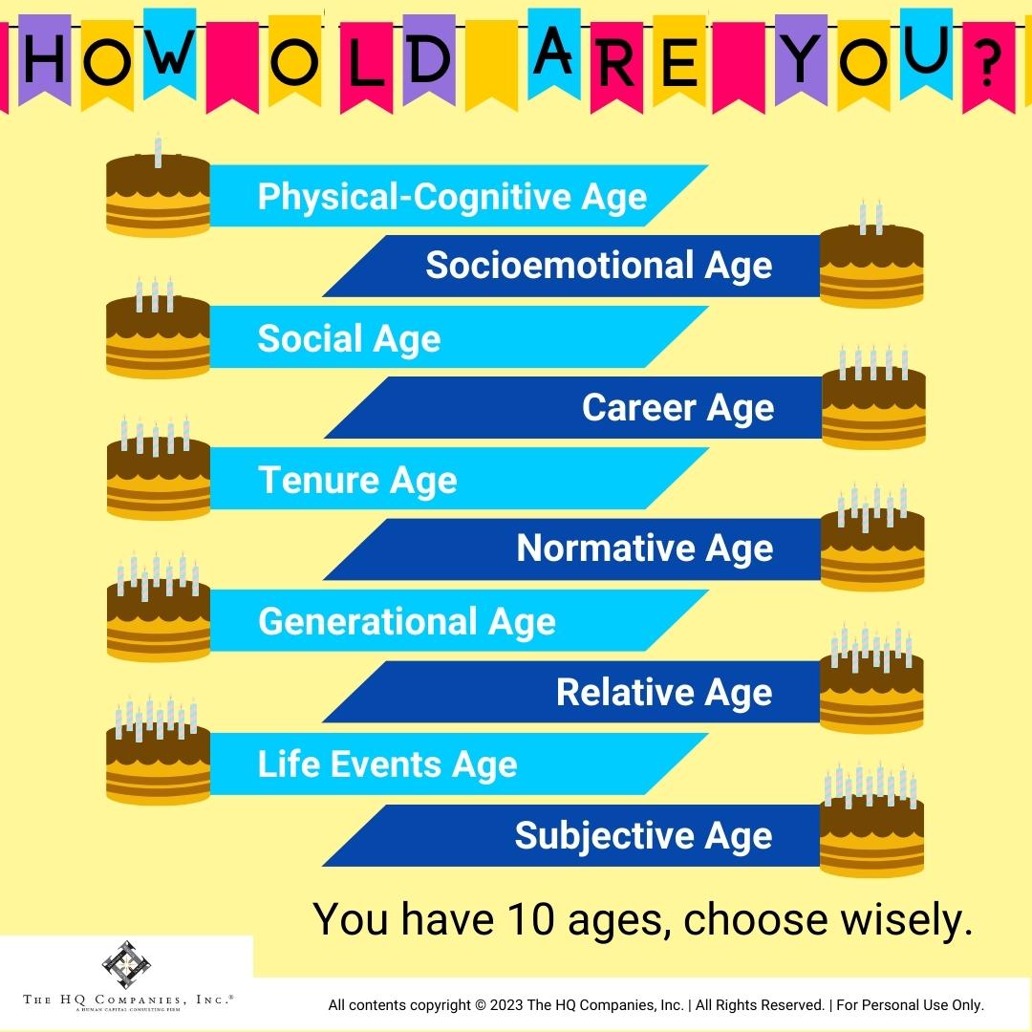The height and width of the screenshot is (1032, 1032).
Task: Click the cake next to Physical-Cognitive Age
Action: (158, 196)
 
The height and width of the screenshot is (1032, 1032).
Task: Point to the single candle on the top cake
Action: (159, 150)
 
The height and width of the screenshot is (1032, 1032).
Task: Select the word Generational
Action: (367, 622)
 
